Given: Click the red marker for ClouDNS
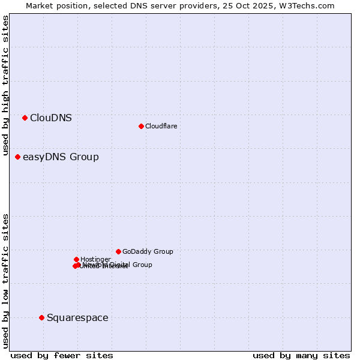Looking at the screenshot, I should coord(25,118).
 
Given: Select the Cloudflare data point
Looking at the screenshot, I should coord(141,126).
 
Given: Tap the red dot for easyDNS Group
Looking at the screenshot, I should coord(17,157).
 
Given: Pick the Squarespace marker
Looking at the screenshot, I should coord(41,317).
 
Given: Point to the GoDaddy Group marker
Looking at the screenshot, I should coord(118,251).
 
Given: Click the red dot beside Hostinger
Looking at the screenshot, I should coord(76,259).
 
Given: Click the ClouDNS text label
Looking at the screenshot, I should coord(51,118).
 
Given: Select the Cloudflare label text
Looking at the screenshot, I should coord(161,126).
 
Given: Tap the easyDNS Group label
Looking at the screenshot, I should coord(61,157).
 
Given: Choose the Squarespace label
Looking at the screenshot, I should coord(77,318).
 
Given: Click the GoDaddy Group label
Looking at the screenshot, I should coord(148,252).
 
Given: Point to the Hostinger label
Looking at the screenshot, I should coord(95,259).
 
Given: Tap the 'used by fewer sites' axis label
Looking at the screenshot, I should coord(62,355).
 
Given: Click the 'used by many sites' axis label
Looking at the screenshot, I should coord(301,355).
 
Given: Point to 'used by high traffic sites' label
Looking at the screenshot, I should coord(5,86).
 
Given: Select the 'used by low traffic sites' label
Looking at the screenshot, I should coord(5,280).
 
